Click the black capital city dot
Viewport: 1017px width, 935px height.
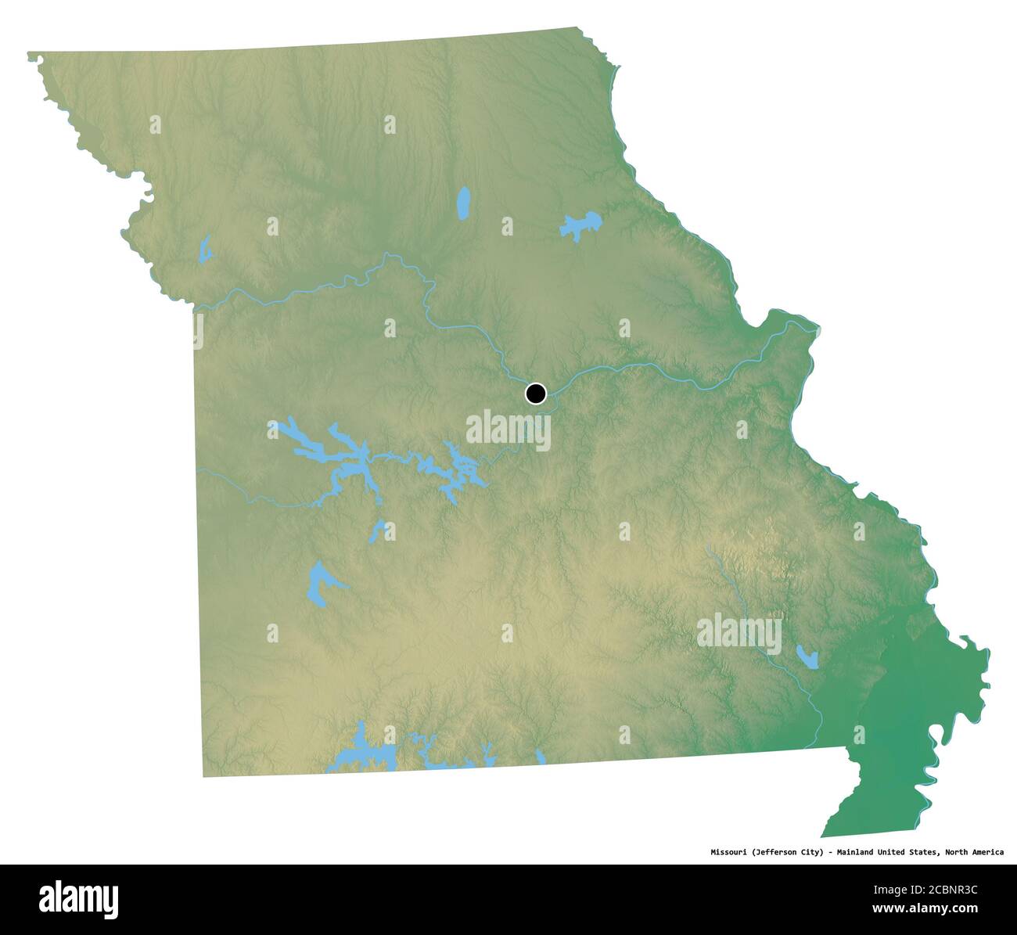tap(535, 393)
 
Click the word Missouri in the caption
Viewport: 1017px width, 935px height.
tap(729, 852)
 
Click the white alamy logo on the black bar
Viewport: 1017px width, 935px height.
tap(79, 899)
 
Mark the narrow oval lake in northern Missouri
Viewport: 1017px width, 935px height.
tap(463, 203)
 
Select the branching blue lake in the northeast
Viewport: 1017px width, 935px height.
tap(580, 226)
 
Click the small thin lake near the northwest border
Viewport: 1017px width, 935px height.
tap(206, 250)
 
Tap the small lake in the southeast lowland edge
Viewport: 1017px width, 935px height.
tap(807, 656)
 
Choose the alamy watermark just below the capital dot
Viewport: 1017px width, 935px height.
tap(508, 430)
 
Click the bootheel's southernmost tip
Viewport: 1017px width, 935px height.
tap(823, 836)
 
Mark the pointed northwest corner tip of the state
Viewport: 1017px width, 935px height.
tap(30, 55)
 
